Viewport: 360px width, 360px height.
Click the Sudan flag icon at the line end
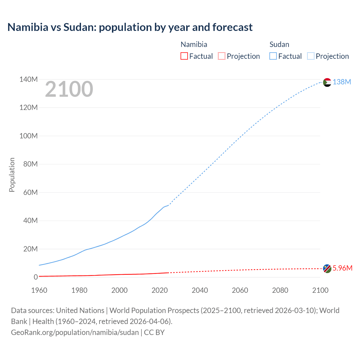tap(327, 82)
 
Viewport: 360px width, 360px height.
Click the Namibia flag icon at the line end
tap(327, 269)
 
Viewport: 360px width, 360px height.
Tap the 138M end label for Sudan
tap(342, 82)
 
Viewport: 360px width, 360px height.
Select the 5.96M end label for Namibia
tap(342, 268)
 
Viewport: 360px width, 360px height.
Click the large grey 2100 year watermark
tap(69, 89)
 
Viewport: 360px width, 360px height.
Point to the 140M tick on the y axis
tap(28, 80)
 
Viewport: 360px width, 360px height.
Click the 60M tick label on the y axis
tap(30, 193)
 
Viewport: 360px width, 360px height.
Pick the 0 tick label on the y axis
tap(35, 277)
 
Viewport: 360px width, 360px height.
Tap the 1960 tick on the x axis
tap(39, 290)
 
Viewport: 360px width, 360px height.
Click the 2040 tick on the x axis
tap(200, 290)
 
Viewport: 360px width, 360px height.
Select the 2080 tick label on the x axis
tap(280, 290)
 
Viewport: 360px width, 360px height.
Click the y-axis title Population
tap(12, 175)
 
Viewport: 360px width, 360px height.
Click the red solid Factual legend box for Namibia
tap(184, 56)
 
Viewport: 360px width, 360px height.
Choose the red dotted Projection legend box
tap(222, 56)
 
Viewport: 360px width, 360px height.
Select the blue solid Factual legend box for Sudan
tap(273, 56)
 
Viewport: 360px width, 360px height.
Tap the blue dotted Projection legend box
tap(310, 56)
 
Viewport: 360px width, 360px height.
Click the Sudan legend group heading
tap(279, 44)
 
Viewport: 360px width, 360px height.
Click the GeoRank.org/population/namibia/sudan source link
tap(75, 332)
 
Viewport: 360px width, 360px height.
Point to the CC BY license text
tap(154, 332)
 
